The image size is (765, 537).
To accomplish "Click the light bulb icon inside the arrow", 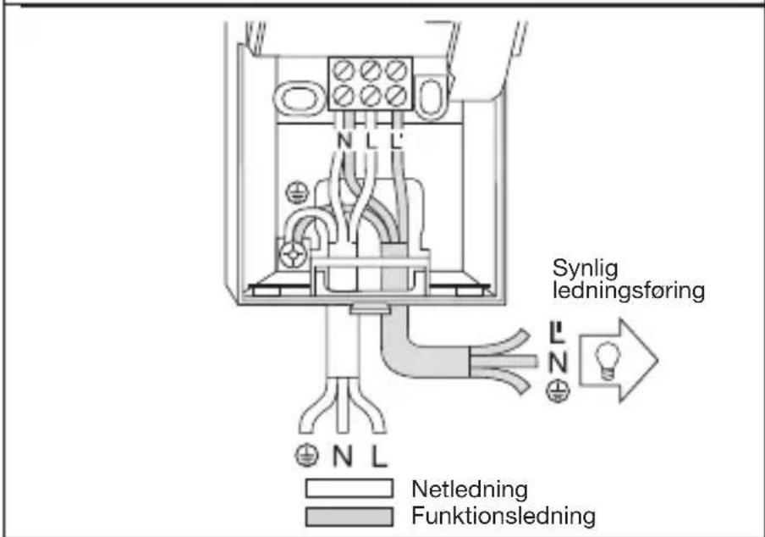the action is click(608, 361).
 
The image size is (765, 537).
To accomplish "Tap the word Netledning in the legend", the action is click(470, 490).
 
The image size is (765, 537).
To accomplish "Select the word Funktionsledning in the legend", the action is click(504, 516).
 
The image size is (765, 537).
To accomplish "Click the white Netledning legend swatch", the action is click(349, 488).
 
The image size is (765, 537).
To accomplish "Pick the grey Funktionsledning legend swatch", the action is click(349, 517).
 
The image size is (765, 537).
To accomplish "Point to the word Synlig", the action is click(585, 268).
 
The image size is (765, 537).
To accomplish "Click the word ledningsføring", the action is click(629, 291).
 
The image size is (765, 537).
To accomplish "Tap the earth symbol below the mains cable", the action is click(307, 456).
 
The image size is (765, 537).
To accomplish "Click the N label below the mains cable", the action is click(342, 457).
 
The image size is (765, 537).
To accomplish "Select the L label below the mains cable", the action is click(379, 457).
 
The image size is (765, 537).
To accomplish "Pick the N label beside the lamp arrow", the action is click(559, 363).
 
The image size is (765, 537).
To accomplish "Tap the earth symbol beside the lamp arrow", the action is click(558, 391).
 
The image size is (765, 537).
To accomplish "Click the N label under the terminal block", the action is click(344, 141).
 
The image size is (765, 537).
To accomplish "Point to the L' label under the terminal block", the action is click(396, 141).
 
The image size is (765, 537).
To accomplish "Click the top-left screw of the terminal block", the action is click(344, 71).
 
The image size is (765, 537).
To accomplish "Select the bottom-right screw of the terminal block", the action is click(396, 95).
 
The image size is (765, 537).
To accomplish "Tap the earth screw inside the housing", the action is click(293, 254).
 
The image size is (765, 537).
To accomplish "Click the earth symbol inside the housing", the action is click(297, 193).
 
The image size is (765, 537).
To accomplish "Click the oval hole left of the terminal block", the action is click(299, 99).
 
